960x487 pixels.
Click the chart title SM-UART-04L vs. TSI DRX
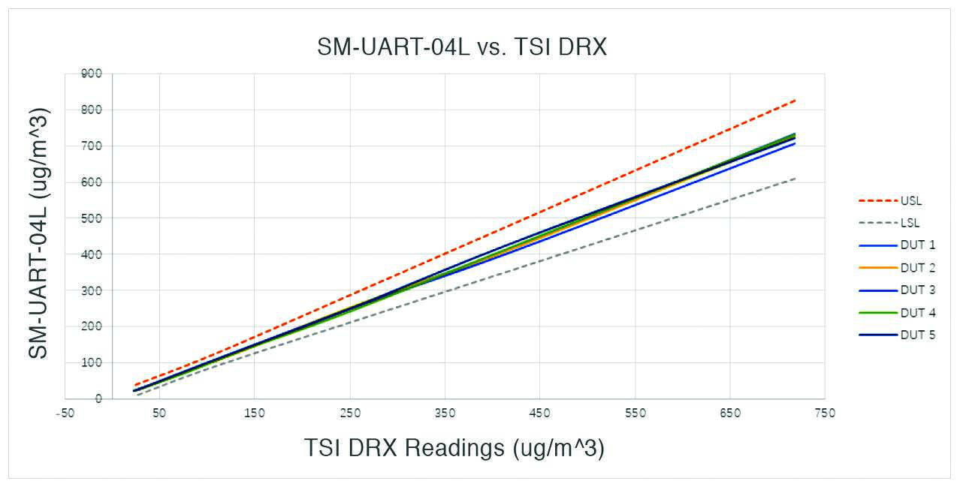click(461, 47)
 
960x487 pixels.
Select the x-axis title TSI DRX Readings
click(454, 448)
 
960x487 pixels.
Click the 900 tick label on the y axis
click(92, 74)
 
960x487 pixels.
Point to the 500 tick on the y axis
click(92, 218)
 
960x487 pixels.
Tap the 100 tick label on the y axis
click(92, 363)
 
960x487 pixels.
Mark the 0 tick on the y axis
click(98, 399)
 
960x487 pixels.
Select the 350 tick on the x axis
click(445, 413)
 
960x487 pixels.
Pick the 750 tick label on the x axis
click(825, 413)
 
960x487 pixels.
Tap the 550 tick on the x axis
click(635, 413)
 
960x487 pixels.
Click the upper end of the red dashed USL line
click(795, 100)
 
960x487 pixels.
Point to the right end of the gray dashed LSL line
click(795, 178)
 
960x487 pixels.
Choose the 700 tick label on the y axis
click(92, 146)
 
